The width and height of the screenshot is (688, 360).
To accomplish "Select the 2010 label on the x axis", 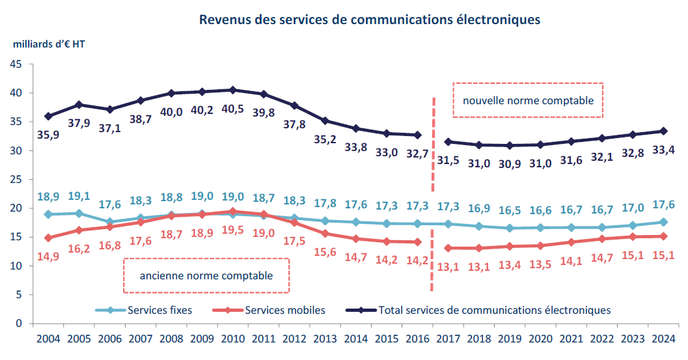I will [232, 339].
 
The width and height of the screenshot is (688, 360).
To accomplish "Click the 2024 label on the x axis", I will [663, 339].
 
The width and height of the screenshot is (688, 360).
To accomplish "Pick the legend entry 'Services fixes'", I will [159, 310].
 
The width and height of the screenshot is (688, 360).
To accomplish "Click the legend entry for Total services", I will [494, 310].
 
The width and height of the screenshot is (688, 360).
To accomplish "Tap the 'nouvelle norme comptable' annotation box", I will [528, 100].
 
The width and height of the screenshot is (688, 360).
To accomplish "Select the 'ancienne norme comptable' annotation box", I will [206, 275].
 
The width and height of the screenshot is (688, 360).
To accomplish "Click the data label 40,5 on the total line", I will [232, 109].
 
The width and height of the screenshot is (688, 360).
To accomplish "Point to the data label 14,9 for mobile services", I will [48, 257].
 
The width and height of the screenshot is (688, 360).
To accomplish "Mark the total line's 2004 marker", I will [48, 117].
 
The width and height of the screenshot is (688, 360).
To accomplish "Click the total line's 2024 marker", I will [663, 131].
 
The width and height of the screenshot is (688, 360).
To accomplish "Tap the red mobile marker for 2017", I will [448, 248].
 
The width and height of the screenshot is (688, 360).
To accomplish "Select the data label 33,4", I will [663, 151].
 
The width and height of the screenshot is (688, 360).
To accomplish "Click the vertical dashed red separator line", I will [432, 195].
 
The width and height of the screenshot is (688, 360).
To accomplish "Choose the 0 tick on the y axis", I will [19, 324].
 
